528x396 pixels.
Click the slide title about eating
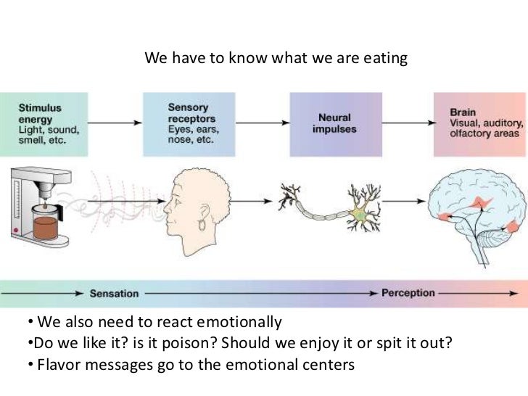[276, 57]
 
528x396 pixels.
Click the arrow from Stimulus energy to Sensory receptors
[116, 123]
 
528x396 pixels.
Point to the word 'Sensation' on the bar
[114, 294]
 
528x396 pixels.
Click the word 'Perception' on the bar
[408, 293]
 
